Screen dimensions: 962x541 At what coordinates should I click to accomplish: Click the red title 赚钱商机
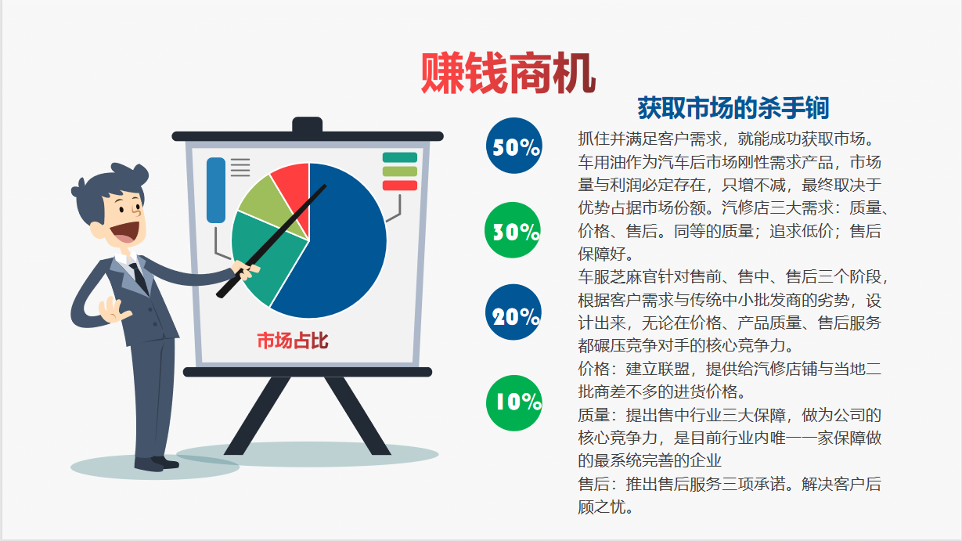click(x=508, y=73)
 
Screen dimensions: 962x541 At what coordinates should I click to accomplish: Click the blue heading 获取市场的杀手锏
click(x=733, y=108)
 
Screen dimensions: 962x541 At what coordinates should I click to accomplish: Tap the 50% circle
click(x=514, y=146)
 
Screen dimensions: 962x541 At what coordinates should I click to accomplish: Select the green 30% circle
click(x=513, y=230)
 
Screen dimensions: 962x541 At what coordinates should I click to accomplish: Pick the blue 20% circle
click(x=513, y=312)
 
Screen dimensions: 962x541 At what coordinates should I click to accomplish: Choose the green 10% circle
click(x=514, y=403)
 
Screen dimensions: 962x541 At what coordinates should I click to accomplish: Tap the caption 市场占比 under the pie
click(x=293, y=341)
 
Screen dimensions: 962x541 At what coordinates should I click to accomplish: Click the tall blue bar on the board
click(x=216, y=190)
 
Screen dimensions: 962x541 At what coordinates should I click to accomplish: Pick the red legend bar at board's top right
click(x=400, y=186)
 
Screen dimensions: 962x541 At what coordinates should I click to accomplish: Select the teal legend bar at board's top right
click(x=400, y=157)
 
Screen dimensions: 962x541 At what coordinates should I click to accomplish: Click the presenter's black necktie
click(x=139, y=278)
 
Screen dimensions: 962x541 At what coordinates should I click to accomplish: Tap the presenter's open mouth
click(x=125, y=233)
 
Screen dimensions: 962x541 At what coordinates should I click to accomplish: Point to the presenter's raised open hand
click(x=113, y=309)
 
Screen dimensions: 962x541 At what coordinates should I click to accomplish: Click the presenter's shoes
click(x=156, y=463)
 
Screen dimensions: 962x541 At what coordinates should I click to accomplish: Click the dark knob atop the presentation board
click(x=307, y=124)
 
